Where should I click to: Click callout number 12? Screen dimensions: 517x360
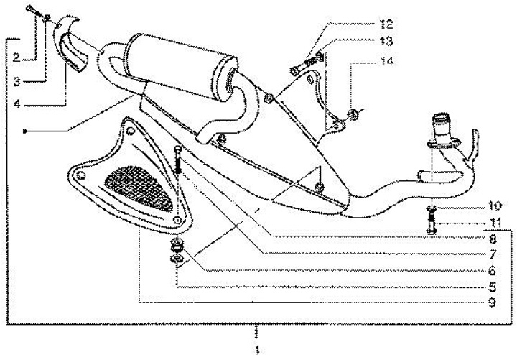click(386, 24)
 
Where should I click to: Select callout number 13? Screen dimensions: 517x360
click(386, 41)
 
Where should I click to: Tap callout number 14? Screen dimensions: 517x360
click(387, 61)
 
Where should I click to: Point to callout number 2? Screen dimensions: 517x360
click(17, 57)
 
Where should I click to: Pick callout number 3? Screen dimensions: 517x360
click(17, 81)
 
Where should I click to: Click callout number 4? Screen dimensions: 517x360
click(17, 103)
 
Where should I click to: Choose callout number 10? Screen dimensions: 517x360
click(494, 206)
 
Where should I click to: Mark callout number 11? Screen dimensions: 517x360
click(494, 223)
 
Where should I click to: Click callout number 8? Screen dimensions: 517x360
click(493, 239)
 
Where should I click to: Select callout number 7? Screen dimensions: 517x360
click(493, 254)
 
